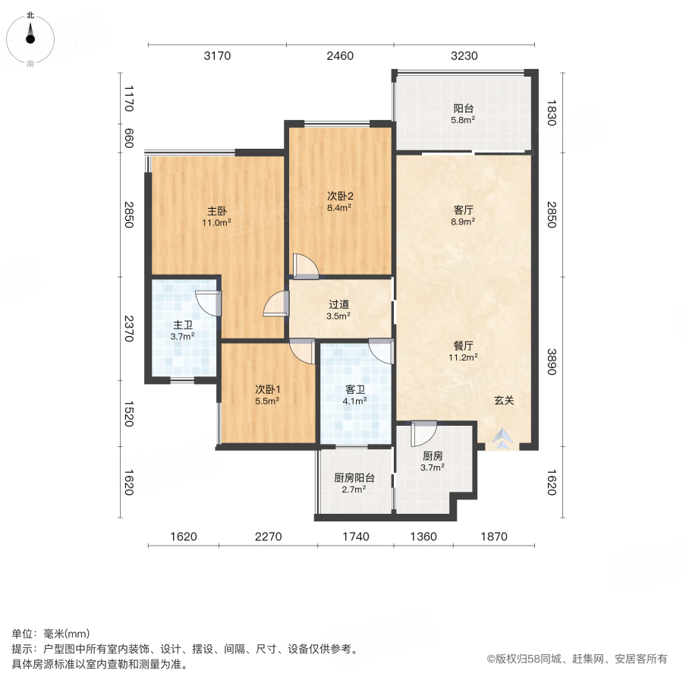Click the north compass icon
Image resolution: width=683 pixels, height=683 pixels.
(30, 34)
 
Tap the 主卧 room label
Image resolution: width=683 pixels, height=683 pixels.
(216, 211)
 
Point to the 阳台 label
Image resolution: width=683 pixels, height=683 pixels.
(463, 108)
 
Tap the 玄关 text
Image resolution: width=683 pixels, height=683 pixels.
(504, 401)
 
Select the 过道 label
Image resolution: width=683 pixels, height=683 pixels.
(338, 304)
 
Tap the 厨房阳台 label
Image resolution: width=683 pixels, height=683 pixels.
(354, 478)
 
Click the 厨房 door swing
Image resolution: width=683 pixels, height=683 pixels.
(422, 434)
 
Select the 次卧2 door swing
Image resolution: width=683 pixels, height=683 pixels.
(305, 266)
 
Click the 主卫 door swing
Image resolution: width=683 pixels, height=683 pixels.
(208, 303)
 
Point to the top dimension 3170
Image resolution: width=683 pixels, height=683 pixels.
(217, 55)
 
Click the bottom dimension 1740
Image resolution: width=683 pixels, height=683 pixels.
(355, 537)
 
